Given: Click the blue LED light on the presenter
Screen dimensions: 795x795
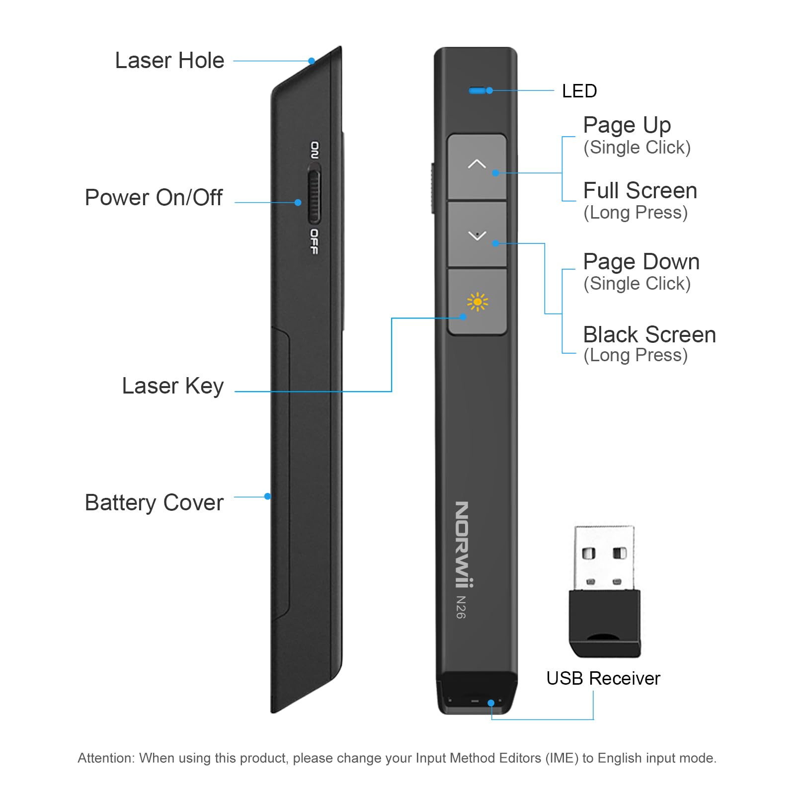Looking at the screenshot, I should [x=477, y=90].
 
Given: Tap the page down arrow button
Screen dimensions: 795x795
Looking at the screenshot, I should [x=477, y=235].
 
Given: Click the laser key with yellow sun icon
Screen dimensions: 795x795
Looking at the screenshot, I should [x=477, y=302].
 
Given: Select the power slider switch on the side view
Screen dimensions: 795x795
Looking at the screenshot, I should [x=314, y=197].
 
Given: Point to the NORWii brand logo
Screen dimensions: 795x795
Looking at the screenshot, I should [x=463, y=544].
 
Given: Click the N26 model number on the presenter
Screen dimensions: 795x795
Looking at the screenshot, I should [x=461, y=607].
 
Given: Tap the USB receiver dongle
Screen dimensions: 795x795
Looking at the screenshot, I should [x=604, y=591].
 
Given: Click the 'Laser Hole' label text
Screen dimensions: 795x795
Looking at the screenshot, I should [x=169, y=61].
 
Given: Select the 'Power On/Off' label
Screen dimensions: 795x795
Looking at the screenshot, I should [x=154, y=198].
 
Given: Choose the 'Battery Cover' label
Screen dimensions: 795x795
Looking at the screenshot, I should [x=154, y=502].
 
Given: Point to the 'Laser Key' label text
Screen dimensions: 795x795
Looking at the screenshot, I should [x=172, y=386].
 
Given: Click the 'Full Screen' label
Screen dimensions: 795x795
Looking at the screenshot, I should [x=640, y=191].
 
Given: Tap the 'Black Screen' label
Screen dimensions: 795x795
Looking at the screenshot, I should [x=649, y=335].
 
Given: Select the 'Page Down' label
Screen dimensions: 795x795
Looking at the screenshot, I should [x=641, y=262].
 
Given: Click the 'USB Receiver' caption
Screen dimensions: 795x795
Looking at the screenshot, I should [x=603, y=678].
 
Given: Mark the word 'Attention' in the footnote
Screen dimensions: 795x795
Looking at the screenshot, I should [x=106, y=758].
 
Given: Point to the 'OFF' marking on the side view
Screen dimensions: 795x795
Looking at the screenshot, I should [x=314, y=241].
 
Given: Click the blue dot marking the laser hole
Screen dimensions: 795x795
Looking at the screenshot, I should [x=312, y=61].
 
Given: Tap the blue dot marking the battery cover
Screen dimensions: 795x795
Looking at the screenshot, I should [x=268, y=496].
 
